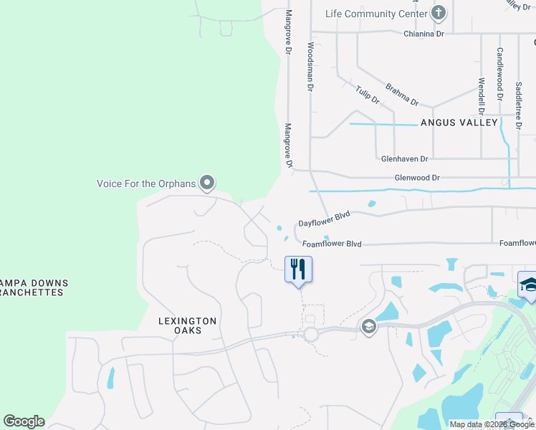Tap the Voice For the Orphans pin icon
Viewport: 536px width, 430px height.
tap(207, 183)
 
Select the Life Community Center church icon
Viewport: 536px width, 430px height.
tap(439, 13)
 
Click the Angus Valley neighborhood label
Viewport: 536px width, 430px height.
tap(459, 123)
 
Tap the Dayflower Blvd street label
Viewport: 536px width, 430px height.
tap(324, 219)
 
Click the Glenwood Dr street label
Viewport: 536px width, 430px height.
tap(416, 177)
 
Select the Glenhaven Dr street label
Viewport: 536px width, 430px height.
tap(404, 158)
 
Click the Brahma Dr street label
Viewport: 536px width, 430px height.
tap(401, 94)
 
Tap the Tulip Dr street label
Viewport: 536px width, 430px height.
tap(367, 94)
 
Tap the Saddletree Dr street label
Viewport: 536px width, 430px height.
tap(518, 105)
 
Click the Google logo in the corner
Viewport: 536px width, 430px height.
tap(24, 421)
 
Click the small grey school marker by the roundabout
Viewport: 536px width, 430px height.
tap(368, 327)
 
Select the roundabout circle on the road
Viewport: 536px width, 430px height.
tap(311, 334)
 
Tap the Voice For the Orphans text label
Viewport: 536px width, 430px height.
tap(146, 183)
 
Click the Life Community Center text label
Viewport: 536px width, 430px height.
tap(370, 14)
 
